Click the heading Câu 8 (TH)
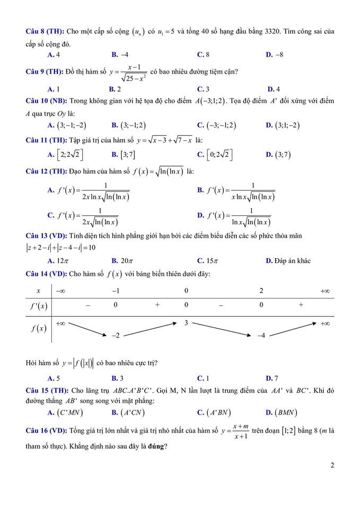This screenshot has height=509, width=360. tap(45, 32)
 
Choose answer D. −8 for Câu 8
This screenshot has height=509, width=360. tap(275, 55)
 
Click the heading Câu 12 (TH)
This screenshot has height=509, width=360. tap(47, 171)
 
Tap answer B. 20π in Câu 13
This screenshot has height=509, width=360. tap(122, 260)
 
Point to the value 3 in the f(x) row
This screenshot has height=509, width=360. tap(187, 323)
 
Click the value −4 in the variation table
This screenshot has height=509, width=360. tap(262, 336)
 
